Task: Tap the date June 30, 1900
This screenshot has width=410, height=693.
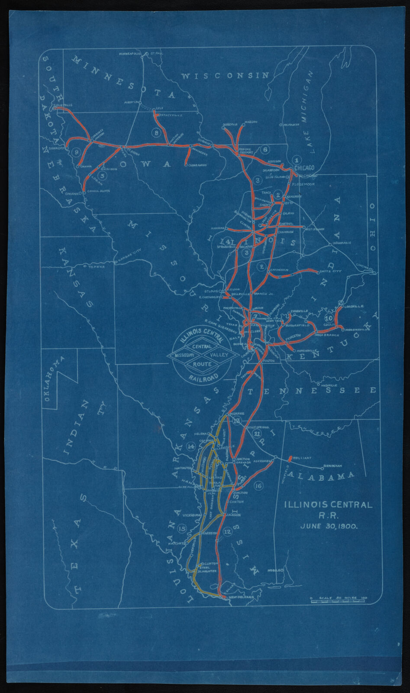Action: pyautogui.click(x=327, y=526)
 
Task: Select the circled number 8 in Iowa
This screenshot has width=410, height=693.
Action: pyautogui.click(x=156, y=133)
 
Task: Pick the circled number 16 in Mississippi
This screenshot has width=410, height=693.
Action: pyautogui.click(x=258, y=486)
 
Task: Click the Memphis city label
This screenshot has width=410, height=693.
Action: pyautogui.click(x=239, y=413)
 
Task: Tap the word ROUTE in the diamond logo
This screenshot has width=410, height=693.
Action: pyautogui.click(x=200, y=364)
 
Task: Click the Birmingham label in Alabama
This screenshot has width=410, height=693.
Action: pyautogui.click(x=332, y=466)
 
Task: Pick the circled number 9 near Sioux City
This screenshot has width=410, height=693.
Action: pyautogui.click(x=76, y=152)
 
